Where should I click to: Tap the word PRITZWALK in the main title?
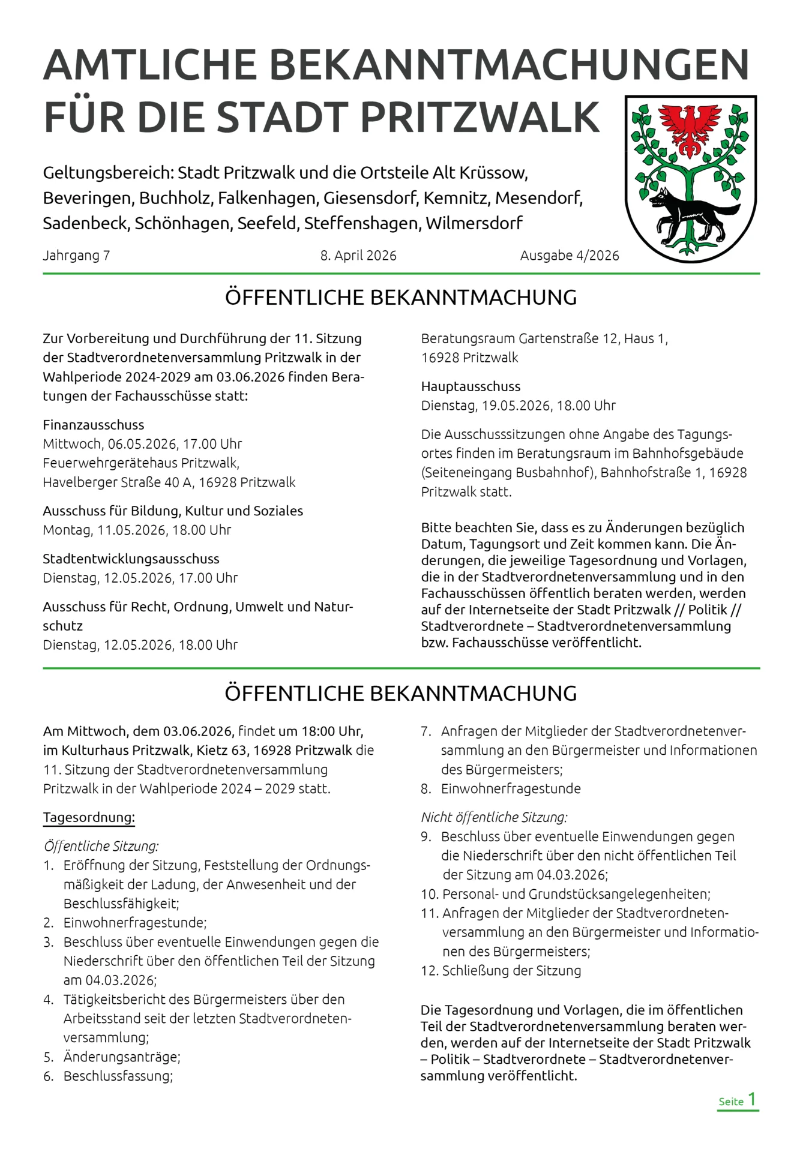click(x=480, y=117)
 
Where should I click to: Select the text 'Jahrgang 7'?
click(x=76, y=256)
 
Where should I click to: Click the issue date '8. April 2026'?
click(x=358, y=256)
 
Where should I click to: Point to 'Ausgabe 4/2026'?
click(x=569, y=256)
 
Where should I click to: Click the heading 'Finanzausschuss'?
click(x=94, y=425)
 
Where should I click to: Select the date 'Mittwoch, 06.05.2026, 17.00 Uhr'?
click(x=142, y=444)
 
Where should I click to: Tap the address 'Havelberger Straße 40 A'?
click(x=117, y=482)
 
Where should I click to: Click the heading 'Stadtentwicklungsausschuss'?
click(x=131, y=559)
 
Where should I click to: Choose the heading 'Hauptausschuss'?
click(x=471, y=386)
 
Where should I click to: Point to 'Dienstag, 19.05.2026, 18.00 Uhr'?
click(x=518, y=406)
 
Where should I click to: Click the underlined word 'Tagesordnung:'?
click(x=89, y=817)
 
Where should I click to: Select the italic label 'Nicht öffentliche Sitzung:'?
click(x=494, y=817)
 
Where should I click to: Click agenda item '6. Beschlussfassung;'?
click(x=108, y=1076)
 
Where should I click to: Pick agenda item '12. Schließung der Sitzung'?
click(x=501, y=970)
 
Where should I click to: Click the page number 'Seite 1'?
click(x=738, y=1100)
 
